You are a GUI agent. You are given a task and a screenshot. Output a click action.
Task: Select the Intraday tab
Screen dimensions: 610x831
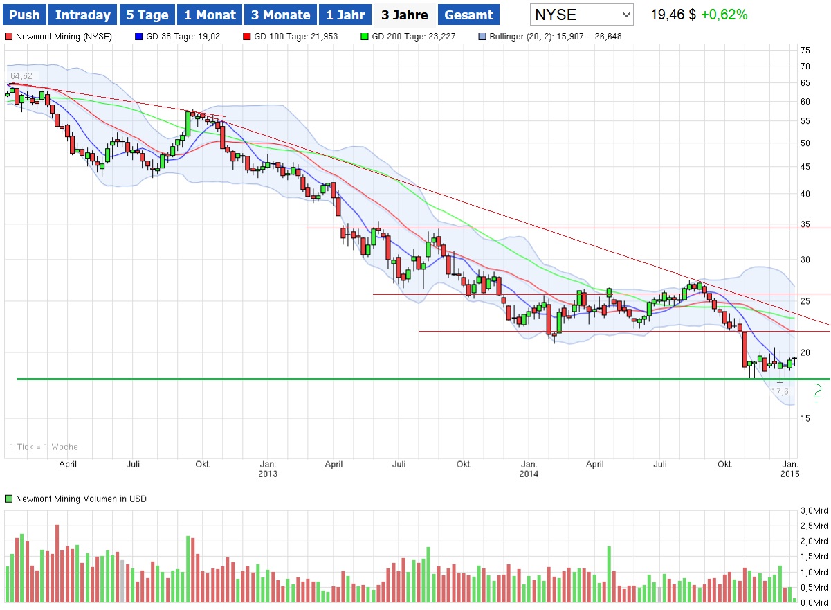(x=82, y=15)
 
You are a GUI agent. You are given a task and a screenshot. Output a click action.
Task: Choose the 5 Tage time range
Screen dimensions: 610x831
(x=147, y=15)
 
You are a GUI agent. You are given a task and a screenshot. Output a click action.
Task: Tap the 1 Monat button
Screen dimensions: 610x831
(x=210, y=15)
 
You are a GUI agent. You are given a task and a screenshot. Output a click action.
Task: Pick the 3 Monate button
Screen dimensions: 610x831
(x=280, y=15)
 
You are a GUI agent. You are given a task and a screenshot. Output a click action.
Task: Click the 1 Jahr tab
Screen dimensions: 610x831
(x=345, y=15)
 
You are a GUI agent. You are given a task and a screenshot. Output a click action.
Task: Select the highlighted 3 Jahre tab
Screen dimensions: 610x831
(x=404, y=15)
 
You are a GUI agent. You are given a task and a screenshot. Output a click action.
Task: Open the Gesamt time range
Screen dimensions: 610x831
(x=469, y=15)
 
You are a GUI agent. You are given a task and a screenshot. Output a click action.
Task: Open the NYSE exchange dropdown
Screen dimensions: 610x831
(x=582, y=15)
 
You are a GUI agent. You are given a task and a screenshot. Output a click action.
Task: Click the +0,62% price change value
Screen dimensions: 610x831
(x=724, y=15)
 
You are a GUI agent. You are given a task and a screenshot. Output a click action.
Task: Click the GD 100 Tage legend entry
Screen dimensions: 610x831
(x=295, y=36)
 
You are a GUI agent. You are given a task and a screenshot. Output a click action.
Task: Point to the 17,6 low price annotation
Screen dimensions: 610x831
(x=780, y=392)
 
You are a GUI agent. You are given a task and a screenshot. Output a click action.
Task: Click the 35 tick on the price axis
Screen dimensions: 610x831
(x=805, y=224)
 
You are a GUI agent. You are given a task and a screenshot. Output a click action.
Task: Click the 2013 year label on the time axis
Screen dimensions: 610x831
(x=268, y=474)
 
